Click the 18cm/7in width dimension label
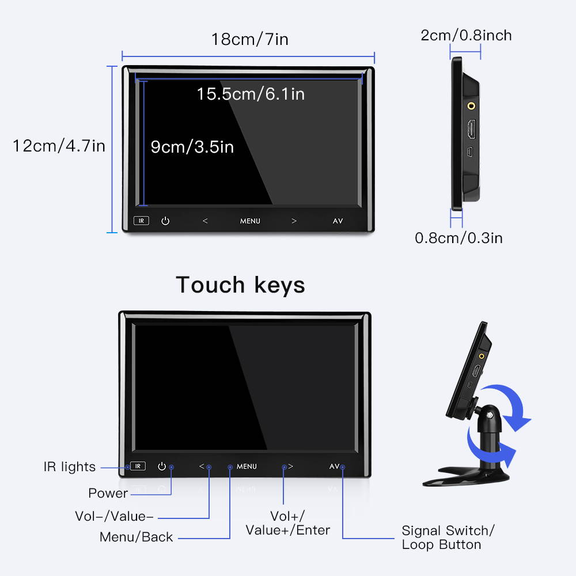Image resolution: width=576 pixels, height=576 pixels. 249,39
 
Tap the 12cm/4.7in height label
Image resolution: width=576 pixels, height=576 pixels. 59,146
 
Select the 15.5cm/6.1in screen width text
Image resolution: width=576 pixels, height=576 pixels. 251,93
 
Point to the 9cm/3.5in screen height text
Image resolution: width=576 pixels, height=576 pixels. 192,147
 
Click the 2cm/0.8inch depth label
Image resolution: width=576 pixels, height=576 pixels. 466,36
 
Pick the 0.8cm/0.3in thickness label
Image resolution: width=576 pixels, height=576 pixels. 458,237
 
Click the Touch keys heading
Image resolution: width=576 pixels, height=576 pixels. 241,285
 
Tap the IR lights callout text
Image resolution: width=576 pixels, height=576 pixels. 70,467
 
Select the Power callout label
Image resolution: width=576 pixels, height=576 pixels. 108,493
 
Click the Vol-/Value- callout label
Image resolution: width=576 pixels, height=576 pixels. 114,516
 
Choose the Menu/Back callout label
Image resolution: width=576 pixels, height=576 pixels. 136,537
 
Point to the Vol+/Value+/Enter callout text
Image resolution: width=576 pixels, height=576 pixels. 287,523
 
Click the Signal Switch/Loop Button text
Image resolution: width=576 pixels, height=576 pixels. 448,537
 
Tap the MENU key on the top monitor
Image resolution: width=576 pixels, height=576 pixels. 250,221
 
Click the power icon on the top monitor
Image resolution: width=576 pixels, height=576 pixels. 165,221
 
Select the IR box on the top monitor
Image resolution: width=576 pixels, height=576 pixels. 141,221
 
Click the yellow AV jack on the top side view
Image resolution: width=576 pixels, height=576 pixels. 472,105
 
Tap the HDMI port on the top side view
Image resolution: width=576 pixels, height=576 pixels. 471,130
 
